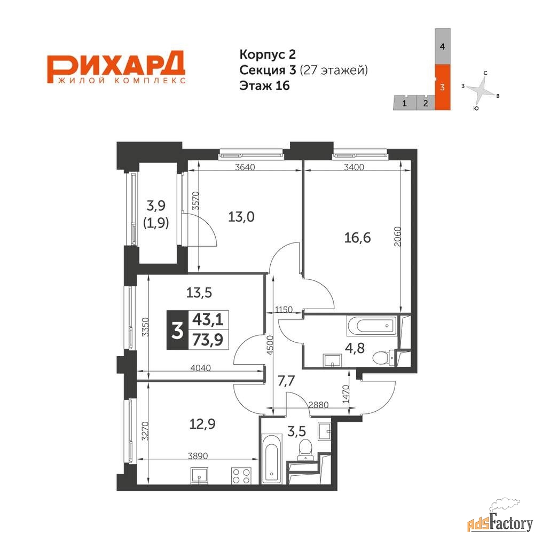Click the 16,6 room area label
point(357,238)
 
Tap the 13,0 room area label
point(241,217)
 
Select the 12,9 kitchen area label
point(202,424)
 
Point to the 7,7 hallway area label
point(286,381)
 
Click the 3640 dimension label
point(245,167)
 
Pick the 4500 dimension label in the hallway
point(270,345)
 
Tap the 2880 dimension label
point(318,405)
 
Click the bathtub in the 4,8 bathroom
point(372,326)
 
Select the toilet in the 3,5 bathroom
point(304,450)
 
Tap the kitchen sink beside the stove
point(199,475)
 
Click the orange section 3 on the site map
point(443,87)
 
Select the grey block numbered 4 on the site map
point(443,46)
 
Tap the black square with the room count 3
point(177,330)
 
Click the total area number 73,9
point(208,339)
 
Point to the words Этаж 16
point(265,85)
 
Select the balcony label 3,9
point(156,206)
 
